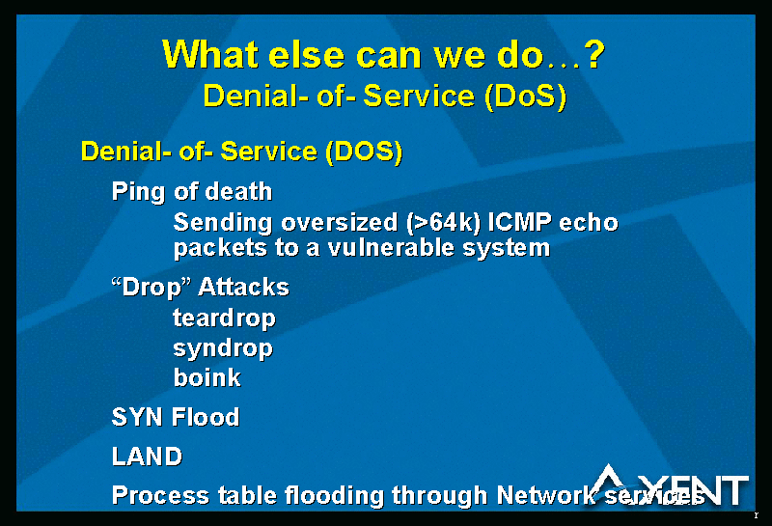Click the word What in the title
click(210, 54)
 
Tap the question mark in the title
click(595, 54)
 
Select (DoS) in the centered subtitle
click(526, 97)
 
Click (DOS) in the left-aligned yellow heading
click(365, 152)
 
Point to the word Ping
click(138, 192)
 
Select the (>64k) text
click(444, 223)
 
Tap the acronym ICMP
click(519, 222)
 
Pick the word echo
click(589, 222)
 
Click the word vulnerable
click(391, 247)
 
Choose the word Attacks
click(244, 287)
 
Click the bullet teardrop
click(224, 319)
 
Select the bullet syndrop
click(223, 349)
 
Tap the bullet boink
click(207, 377)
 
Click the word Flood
click(206, 417)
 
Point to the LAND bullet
click(148, 457)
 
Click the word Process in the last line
click(160, 495)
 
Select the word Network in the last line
click(546, 495)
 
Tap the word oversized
click(340, 222)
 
